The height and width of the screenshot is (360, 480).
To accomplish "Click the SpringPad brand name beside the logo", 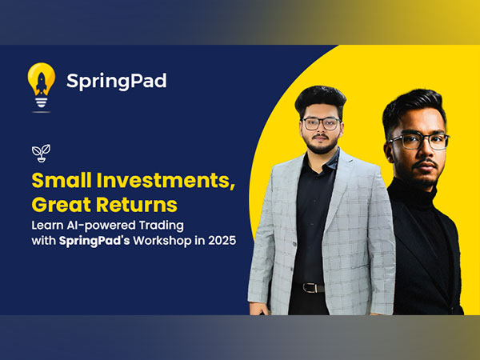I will [x=117, y=81].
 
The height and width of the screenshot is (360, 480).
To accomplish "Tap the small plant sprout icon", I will [x=38, y=150].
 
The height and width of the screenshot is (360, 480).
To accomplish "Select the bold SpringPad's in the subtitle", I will [x=94, y=241].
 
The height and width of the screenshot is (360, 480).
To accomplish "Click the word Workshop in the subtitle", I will [x=167, y=241].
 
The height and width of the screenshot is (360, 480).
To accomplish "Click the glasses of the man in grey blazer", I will [x=322, y=124].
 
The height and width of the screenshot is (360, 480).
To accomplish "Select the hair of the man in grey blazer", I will [x=320, y=99].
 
